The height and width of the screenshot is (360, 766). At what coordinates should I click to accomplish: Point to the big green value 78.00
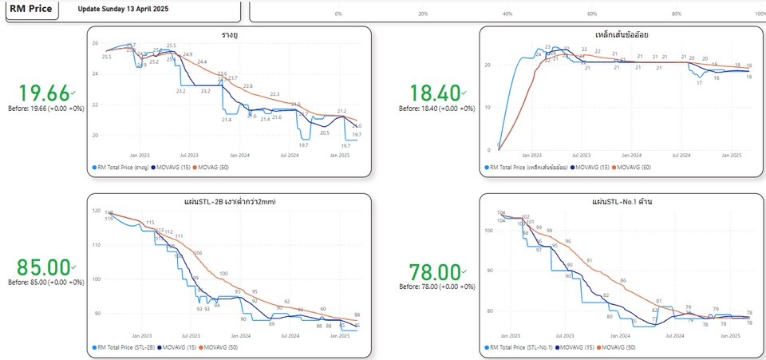pyautogui.click(x=435, y=273)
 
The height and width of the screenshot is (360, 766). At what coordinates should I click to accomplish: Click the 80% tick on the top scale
pyautogui.click(x=677, y=14)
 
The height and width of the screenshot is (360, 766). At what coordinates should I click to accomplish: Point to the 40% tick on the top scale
pyautogui.click(x=508, y=14)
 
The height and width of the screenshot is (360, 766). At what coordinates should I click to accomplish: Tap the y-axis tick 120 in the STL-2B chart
pyautogui.click(x=97, y=212)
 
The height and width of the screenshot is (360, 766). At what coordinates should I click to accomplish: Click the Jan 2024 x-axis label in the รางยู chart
pyautogui.click(x=239, y=155)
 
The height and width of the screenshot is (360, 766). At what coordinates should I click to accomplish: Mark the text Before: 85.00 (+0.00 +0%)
pyautogui.click(x=45, y=282)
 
